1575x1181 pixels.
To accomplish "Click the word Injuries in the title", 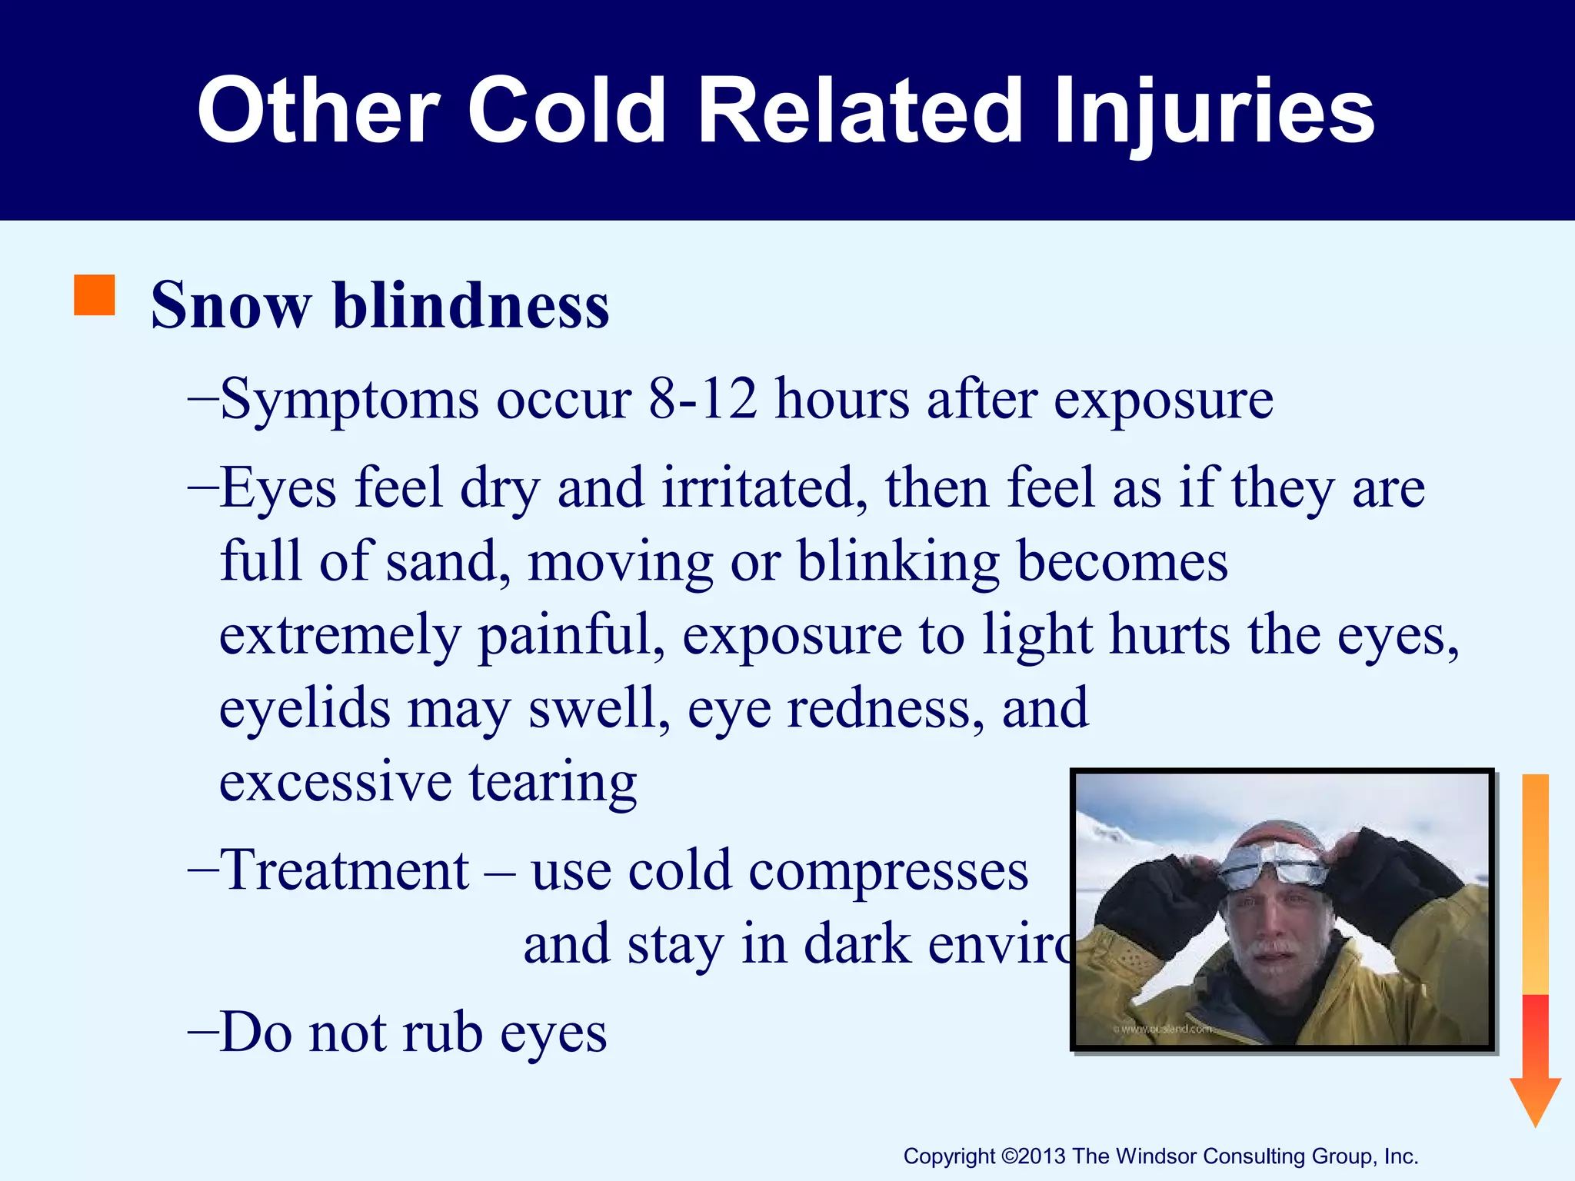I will (x=1214, y=111).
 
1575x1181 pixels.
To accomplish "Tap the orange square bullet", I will (x=94, y=295).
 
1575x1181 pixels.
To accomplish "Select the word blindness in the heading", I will (x=471, y=306).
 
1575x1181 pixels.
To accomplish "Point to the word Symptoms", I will (x=349, y=400).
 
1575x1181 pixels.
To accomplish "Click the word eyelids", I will (x=305, y=708).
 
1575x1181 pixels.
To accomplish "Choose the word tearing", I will (x=553, y=782).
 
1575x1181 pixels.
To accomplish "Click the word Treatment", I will (x=345, y=870).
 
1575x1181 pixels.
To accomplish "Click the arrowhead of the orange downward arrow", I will (x=1535, y=1099).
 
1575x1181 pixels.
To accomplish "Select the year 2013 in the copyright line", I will (x=1042, y=1156).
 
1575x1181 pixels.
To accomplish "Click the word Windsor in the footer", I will (x=1157, y=1156).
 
